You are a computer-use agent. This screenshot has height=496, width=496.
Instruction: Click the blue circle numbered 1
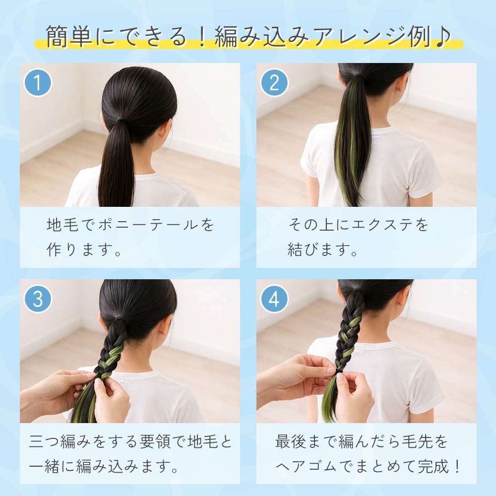(38, 83)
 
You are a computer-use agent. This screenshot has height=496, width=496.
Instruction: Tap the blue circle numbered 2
(274, 83)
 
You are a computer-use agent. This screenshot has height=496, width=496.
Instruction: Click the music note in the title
(443, 36)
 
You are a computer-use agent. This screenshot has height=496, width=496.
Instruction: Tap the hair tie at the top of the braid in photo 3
(119, 317)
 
